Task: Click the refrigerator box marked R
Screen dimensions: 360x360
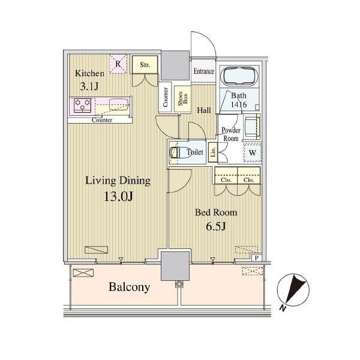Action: pyautogui.click(x=118, y=64)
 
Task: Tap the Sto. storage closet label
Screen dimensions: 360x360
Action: pyautogui.click(x=145, y=65)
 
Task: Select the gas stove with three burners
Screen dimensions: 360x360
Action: pyautogui.click(x=82, y=106)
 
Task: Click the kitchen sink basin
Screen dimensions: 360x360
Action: pyautogui.click(x=118, y=104)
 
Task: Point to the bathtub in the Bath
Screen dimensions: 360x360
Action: pyautogui.click(x=239, y=76)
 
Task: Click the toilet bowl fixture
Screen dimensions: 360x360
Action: pyautogui.click(x=180, y=152)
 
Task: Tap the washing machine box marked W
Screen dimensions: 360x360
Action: pyautogui.click(x=253, y=152)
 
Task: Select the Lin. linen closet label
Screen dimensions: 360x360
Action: pyautogui.click(x=213, y=152)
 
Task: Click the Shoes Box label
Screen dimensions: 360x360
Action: pyautogui.click(x=183, y=98)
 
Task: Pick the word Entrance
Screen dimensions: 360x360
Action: pyautogui.click(x=204, y=71)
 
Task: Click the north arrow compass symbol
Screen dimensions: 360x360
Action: pyautogui.click(x=293, y=290)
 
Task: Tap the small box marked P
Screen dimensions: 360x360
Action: pyautogui.click(x=257, y=258)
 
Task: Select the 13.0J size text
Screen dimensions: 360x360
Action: pyautogui.click(x=118, y=196)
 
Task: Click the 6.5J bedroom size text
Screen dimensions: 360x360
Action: pyautogui.click(x=216, y=226)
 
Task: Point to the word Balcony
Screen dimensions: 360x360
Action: pyautogui.click(x=129, y=287)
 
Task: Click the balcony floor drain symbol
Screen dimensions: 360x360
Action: pyautogui.click(x=178, y=284)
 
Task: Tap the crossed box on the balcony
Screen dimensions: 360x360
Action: pyautogui.click(x=83, y=272)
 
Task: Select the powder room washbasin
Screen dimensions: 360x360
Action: pyautogui.click(x=252, y=126)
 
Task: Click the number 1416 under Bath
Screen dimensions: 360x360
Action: pyautogui.click(x=239, y=104)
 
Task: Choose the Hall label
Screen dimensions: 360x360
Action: pyautogui.click(x=204, y=110)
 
